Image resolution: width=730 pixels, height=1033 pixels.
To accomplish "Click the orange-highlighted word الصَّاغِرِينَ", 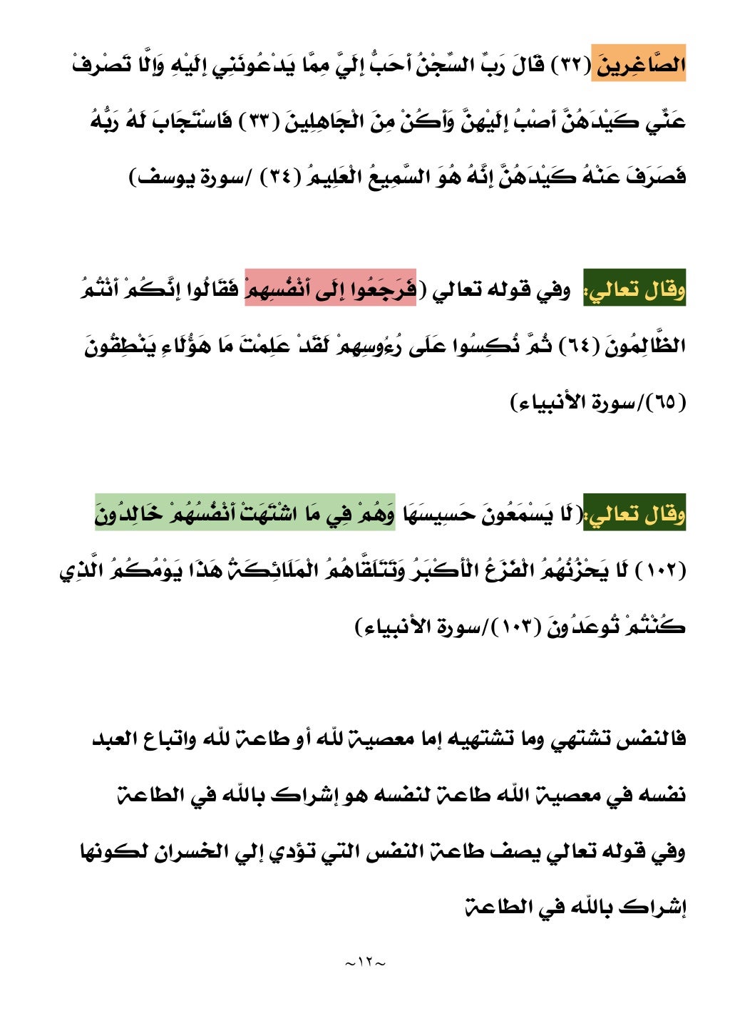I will tap(638, 66).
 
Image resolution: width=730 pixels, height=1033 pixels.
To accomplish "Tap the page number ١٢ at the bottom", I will tap(365, 963).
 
